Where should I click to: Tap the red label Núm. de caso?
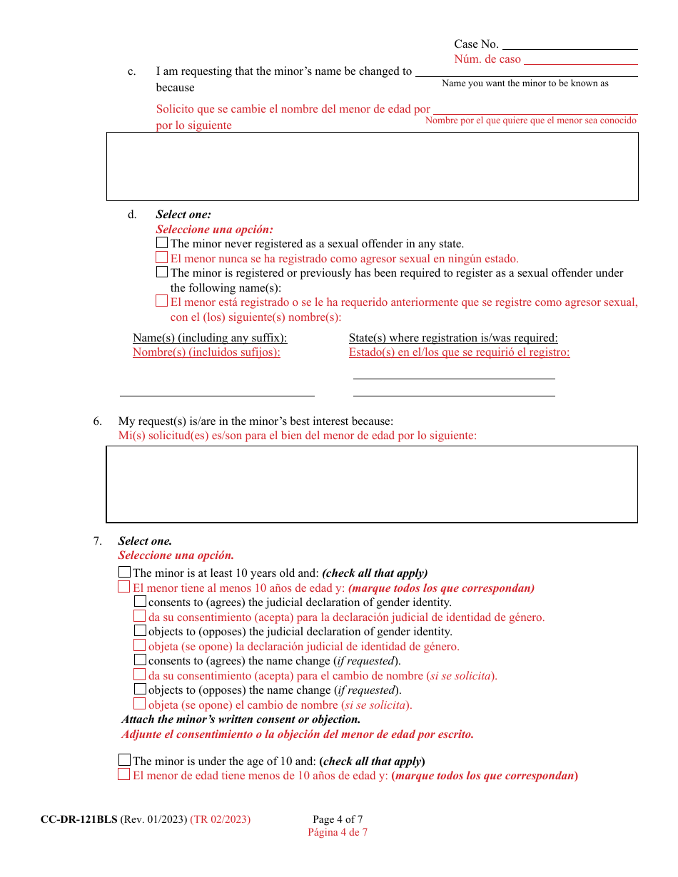[x=487, y=59]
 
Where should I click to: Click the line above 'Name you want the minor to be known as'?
[x=526, y=73]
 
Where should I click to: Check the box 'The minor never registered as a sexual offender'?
[x=162, y=243]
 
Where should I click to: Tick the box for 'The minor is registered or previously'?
[x=162, y=272]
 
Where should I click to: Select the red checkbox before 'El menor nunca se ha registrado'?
[x=162, y=258]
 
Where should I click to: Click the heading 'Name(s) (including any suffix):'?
[x=210, y=338]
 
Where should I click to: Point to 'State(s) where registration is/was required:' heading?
[x=453, y=338]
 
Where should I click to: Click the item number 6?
[x=98, y=421]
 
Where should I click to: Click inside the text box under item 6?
[x=371, y=484]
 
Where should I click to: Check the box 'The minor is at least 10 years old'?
[x=124, y=572]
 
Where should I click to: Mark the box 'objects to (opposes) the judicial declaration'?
[x=140, y=631]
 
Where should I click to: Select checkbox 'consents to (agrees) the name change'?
[x=140, y=660]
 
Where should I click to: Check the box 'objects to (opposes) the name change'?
[x=140, y=689]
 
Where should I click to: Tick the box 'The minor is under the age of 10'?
[x=124, y=760]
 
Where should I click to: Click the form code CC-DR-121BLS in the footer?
[x=79, y=819]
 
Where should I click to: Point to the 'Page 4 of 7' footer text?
[x=338, y=819]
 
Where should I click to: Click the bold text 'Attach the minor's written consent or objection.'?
[x=241, y=719]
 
